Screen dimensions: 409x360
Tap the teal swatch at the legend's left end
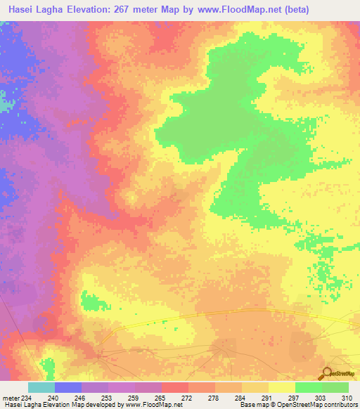point(41,387)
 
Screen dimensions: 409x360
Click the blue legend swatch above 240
point(67,387)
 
